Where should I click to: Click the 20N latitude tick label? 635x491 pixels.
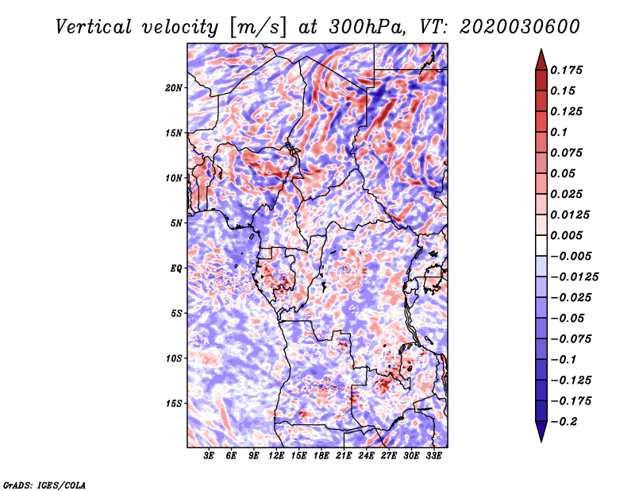174,88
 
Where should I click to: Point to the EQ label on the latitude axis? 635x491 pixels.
176,269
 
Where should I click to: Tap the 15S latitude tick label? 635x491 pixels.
174,404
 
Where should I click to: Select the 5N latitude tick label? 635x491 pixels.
176,223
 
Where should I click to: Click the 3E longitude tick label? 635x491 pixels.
209,456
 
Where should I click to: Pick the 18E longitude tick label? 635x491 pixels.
321,456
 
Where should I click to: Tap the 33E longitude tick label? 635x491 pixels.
433,456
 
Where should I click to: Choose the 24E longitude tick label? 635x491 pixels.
366,456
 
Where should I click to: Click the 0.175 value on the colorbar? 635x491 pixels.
566,70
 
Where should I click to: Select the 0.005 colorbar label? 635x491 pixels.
566,235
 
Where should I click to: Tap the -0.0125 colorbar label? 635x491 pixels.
574,277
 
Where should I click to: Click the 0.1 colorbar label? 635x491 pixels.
559,132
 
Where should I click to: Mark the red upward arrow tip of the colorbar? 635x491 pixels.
541,49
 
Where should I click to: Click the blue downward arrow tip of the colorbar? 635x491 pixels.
541,441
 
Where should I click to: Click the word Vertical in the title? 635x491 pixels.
93,27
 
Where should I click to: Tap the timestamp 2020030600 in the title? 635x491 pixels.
520,27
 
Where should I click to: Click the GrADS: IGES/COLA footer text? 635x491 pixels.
44,485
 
